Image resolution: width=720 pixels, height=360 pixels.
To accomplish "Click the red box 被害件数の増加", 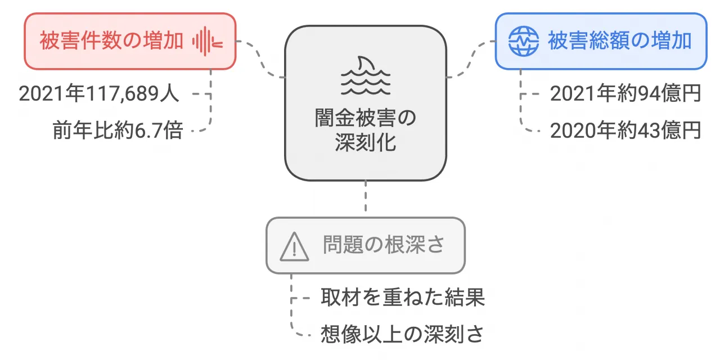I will pos(129,41).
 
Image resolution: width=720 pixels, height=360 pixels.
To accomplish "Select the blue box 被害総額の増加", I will pos(600,41).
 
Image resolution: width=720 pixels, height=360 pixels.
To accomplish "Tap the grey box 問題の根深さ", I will pos(366,245).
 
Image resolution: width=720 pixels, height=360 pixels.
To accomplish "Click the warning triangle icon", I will pos(294,246).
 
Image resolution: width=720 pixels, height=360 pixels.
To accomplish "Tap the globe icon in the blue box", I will pos(523,41).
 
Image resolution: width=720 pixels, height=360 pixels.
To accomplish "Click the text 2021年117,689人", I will pos(99,94).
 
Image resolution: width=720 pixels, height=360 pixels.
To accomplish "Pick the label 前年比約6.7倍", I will pos(118,130).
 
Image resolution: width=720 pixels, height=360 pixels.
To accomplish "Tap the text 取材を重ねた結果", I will pos(403,298).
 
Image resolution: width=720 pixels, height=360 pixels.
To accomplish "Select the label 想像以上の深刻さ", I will pos(403,334).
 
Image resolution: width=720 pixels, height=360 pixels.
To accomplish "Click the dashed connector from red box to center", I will pos(260,58).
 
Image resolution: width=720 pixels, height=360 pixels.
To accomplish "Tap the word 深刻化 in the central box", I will pos(366,143).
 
